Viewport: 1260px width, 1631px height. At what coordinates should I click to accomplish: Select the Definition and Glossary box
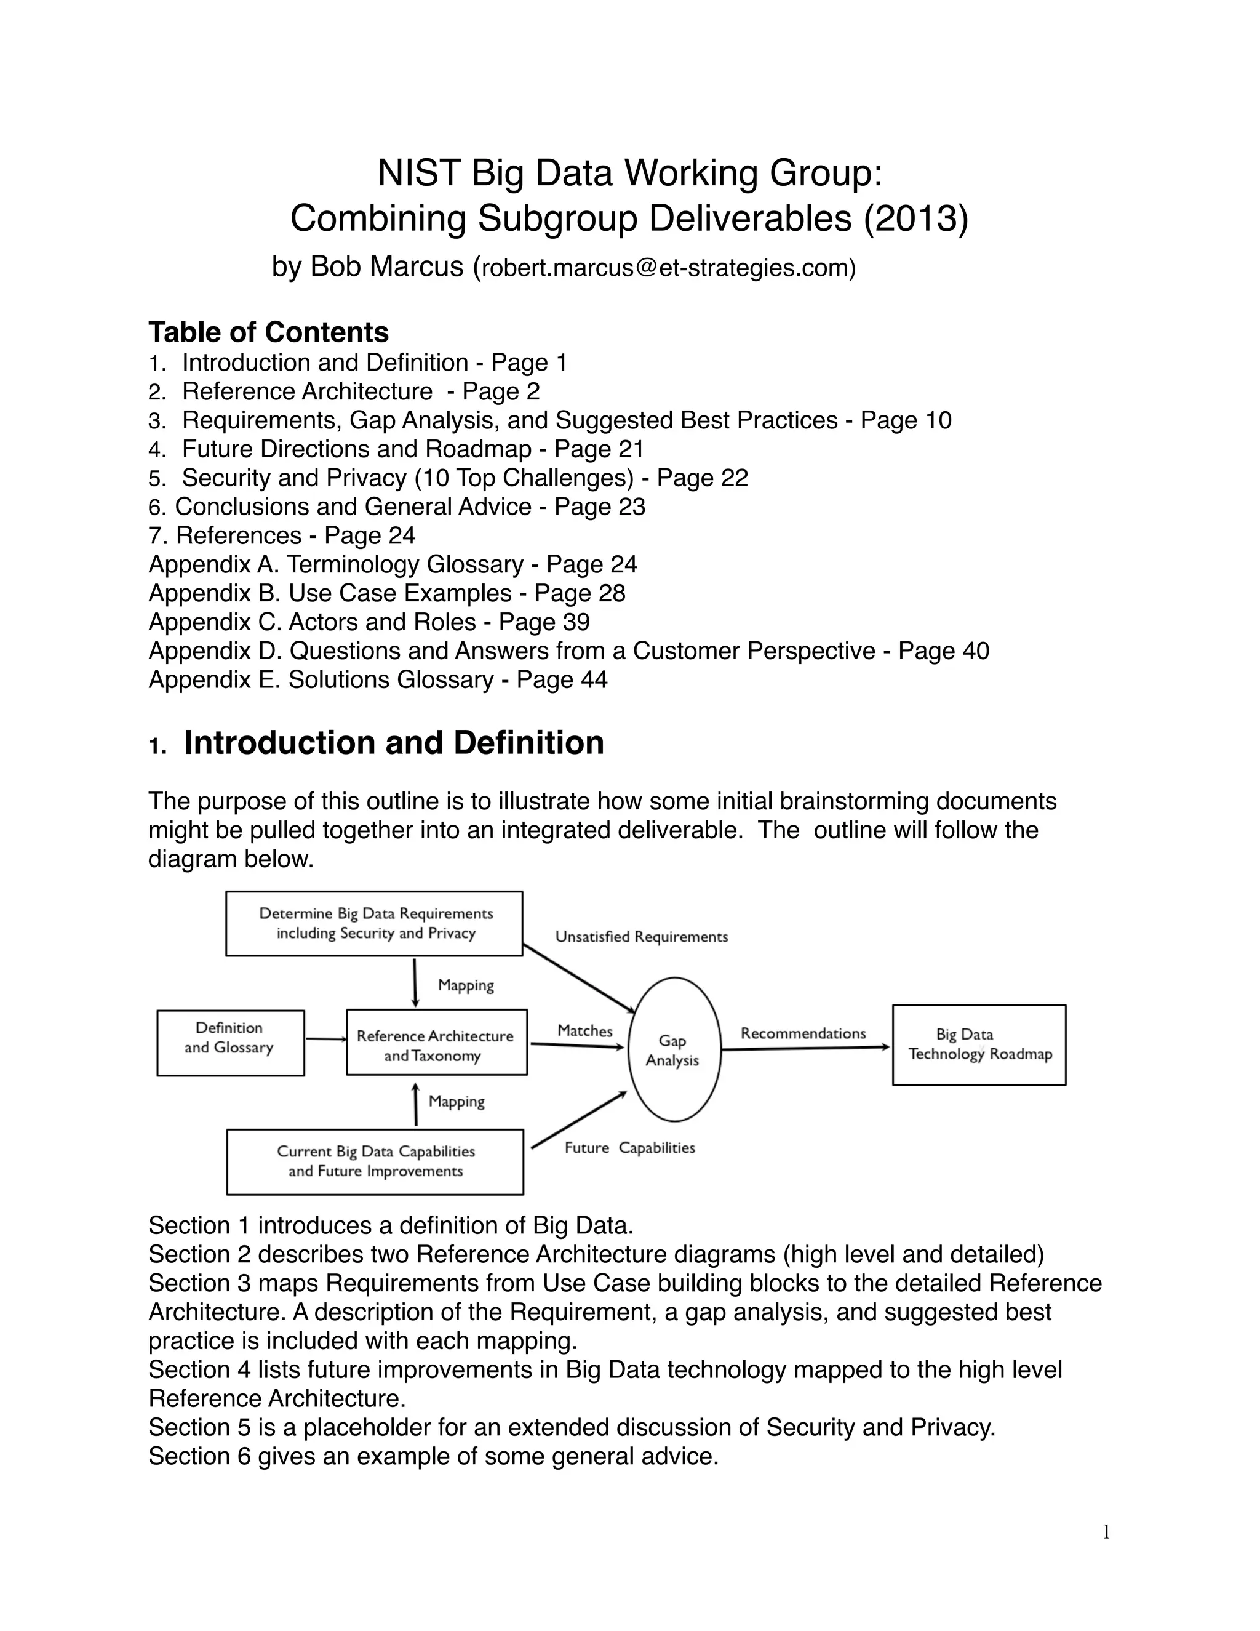[230, 1043]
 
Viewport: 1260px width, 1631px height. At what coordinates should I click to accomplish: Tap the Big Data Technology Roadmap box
[979, 1044]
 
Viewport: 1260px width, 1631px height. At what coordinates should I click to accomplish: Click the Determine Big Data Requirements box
[375, 923]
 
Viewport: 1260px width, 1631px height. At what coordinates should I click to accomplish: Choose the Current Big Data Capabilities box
[375, 1161]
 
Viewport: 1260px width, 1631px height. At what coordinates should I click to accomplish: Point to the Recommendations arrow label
[803, 1033]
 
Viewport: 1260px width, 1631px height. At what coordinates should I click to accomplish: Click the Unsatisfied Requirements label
[641, 937]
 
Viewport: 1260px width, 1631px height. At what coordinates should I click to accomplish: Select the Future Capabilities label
[629, 1148]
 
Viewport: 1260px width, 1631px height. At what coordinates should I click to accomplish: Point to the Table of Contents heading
[269, 332]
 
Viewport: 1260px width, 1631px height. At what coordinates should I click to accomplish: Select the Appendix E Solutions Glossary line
[378, 679]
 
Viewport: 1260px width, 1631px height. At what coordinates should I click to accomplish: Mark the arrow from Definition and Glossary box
[325, 1039]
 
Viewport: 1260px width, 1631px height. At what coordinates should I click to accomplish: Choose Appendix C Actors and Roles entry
[369, 622]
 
